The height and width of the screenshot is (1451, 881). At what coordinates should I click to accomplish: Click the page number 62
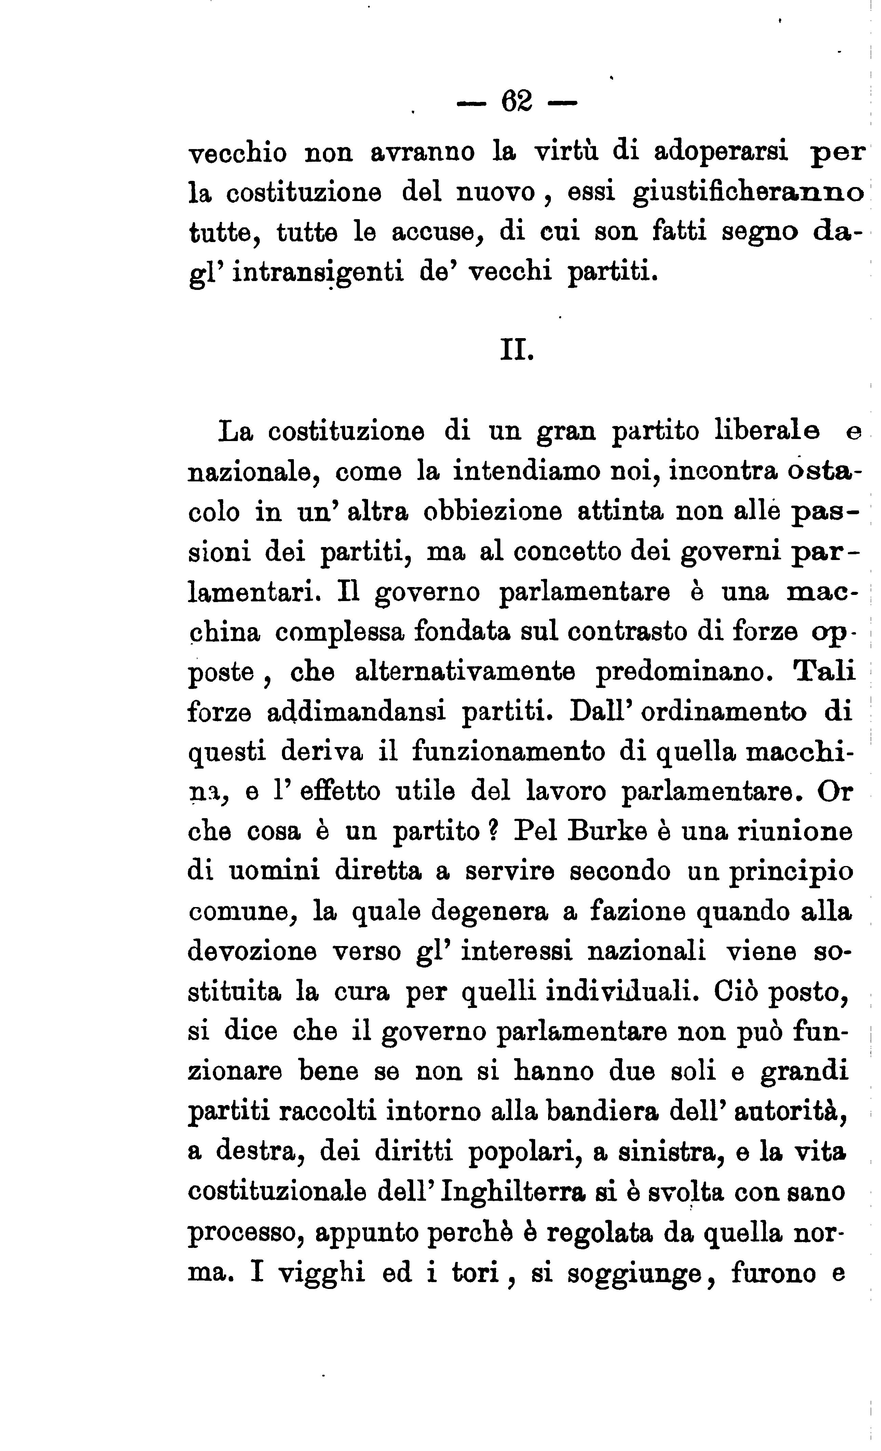pyautogui.click(x=517, y=103)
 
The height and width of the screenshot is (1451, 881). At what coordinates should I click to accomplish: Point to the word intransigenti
pyautogui.click(x=318, y=272)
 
